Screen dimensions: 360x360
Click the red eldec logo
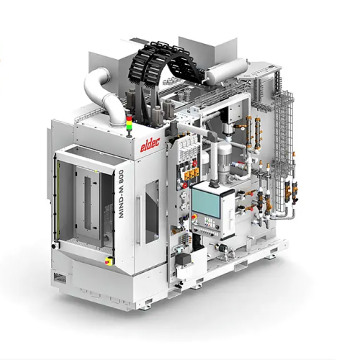[x=150, y=145]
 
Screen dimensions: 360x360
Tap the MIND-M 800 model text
[x=121, y=194]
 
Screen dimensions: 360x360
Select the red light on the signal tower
[x=130, y=117]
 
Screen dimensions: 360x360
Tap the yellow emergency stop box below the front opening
[x=109, y=261]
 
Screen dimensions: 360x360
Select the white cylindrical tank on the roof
[x=227, y=71]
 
